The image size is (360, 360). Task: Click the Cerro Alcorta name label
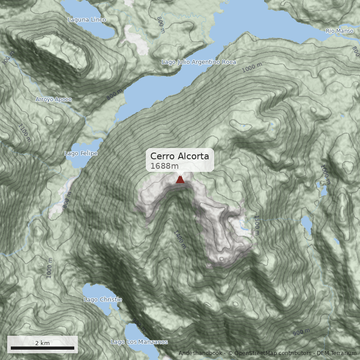tap(180, 156)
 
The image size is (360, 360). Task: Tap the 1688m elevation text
tap(161, 166)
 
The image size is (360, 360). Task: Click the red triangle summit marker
tap(180, 180)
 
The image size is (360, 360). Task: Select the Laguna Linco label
tap(87, 20)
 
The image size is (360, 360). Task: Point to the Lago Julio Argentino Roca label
tap(198, 62)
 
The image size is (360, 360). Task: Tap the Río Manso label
tap(339, 31)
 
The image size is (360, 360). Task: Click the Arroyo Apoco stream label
tap(54, 99)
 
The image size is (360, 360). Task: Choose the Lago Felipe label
tap(81, 153)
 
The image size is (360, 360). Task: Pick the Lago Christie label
tap(103, 300)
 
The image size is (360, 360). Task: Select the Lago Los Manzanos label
tap(139, 342)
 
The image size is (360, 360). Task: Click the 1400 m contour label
tap(180, 239)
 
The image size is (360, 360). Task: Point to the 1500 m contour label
tap(256, 225)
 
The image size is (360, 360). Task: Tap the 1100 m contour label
tap(25, 132)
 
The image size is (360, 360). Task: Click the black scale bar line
tap(42, 348)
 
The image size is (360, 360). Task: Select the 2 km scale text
tap(42, 343)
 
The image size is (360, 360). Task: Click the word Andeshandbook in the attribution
tap(200, 353)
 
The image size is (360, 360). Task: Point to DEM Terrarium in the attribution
tap(336, 353)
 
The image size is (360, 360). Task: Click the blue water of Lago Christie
tap(97, 291)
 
